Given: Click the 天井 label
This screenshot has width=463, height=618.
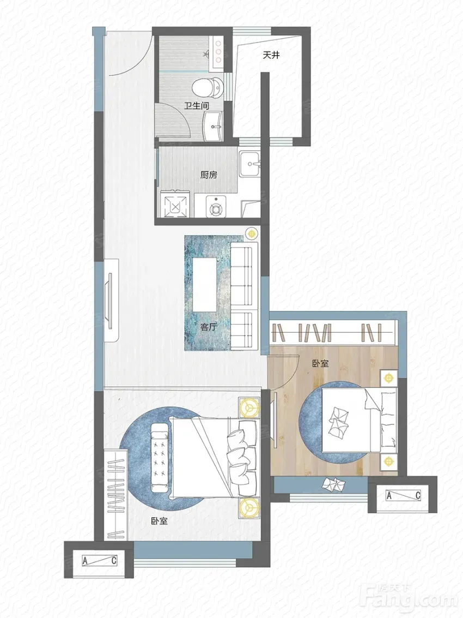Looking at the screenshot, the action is pyautogui.click(x=271, y=55).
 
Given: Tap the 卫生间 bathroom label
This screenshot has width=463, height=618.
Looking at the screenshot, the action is pyautogui.click(x=197, y=106).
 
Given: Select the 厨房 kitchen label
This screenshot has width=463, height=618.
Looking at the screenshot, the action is pyautogui.click(x=209, y=175).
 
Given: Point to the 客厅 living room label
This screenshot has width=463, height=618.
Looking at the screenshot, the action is pyautogui.click(x=209, y=326).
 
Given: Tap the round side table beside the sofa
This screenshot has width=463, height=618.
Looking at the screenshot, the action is pyautogui.click(x=251, y=233).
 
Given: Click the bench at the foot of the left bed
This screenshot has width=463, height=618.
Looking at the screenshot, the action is pyautogui.click(x=160, y=457).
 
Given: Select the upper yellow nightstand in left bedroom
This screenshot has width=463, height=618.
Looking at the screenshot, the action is pyautogui.click(x=249, y=406).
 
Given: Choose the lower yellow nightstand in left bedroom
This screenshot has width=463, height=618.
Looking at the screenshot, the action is pyautogui.click(x=249, y=507).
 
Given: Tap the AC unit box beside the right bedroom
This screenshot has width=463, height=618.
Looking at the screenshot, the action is pyautogui.click(x=403, y=495).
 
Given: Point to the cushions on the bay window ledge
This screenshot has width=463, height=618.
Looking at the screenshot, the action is pyautogui.click(x=333, y=484).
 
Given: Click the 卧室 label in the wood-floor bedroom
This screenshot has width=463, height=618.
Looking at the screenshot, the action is pyautogui.click(x=320, y=363).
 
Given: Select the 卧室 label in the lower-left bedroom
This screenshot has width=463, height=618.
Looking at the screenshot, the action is pyautogui.click(x=160, y=521).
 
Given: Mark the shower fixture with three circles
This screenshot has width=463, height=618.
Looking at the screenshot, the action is pyautogui.click(x=218, y=52).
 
